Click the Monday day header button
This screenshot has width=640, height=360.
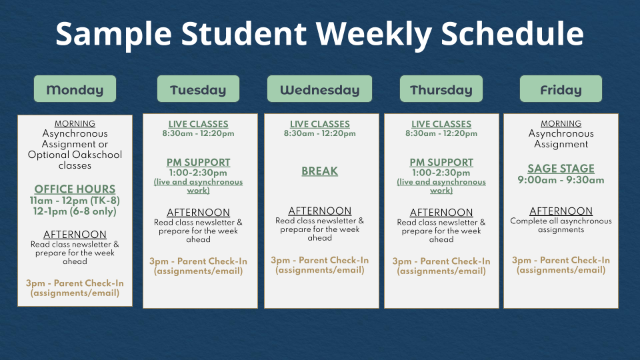pos(75,89)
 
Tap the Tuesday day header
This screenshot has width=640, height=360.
pos(199,89)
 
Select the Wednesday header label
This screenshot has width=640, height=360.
pos(319,89)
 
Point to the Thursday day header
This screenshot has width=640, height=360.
pos(441,89)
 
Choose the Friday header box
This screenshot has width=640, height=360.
pos(561,89)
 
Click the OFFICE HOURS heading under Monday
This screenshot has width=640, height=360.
pos(75,189)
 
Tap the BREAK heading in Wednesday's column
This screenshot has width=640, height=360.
pos(319,171)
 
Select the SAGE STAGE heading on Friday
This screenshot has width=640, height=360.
pos(561,169)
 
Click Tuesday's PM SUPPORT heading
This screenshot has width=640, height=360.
pos(199,163)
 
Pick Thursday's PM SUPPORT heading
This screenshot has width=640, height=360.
pos(441,163)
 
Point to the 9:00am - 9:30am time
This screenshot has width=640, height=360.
pos(561,180)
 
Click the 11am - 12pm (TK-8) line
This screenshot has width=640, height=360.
pos(75,201)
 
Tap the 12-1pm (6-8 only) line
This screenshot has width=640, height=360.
pos(75,211)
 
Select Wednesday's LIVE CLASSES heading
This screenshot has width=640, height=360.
pos(319,124)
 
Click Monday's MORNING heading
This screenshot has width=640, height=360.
pos(75,123)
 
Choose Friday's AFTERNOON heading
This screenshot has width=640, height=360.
pos(561,211)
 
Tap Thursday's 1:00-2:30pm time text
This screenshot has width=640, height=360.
pos(441,173)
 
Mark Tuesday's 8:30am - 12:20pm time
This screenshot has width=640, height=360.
pos(199,133)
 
